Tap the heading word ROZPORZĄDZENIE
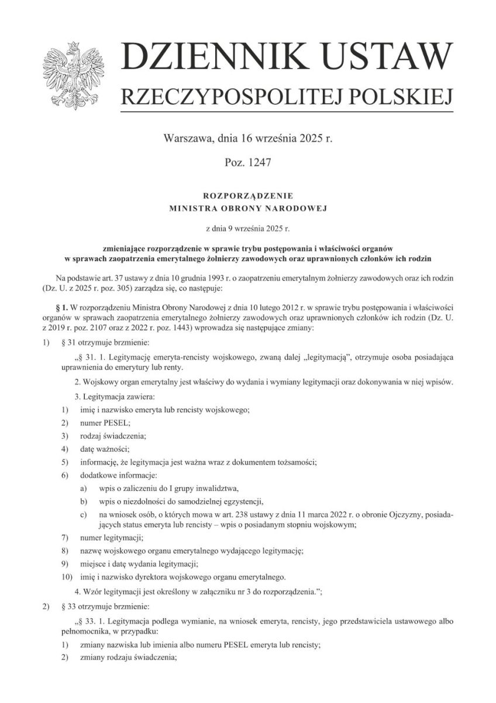247,195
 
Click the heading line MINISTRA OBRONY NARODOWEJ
247,207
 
